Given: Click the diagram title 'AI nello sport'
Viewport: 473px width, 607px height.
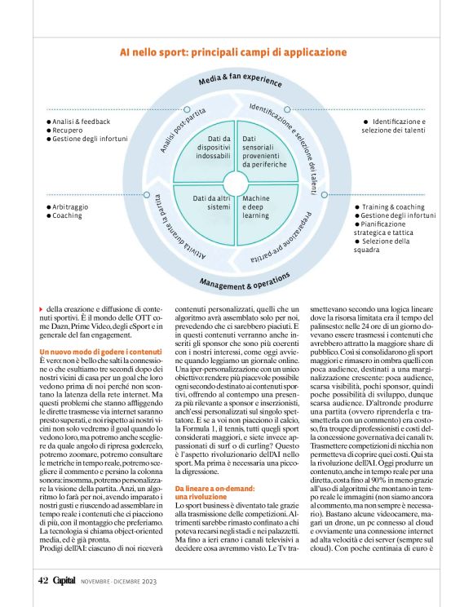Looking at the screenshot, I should tap(233, 52).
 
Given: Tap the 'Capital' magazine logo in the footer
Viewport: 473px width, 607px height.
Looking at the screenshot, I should tap(68, 581).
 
